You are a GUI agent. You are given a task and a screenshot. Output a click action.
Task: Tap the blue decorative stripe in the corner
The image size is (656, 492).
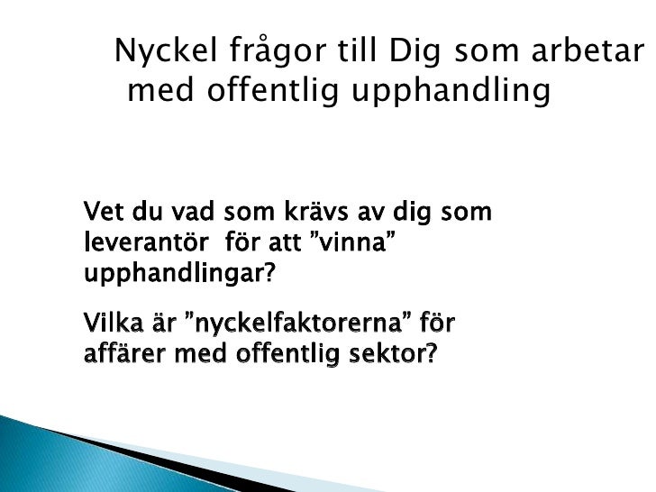point(54,451)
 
